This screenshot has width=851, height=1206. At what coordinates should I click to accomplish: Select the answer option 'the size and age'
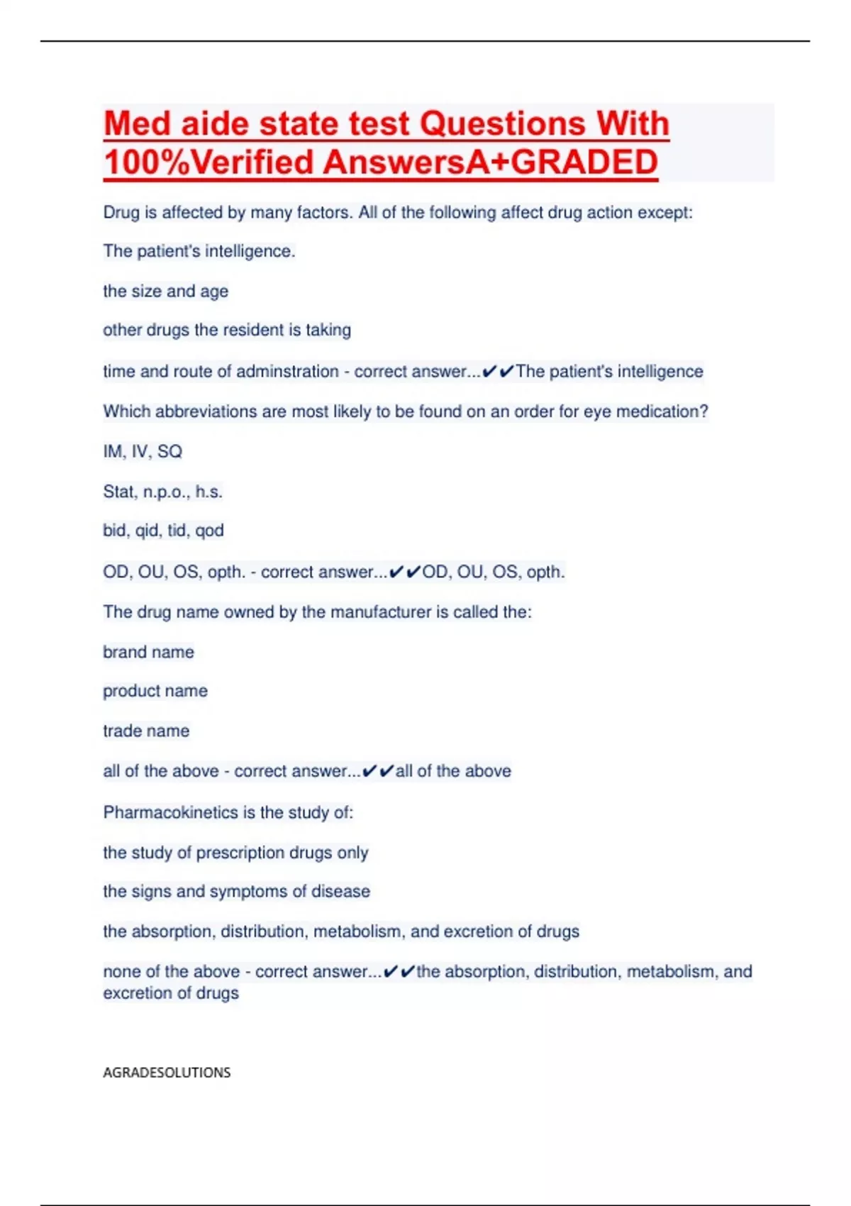165,292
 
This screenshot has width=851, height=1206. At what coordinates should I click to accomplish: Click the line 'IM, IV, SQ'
143,452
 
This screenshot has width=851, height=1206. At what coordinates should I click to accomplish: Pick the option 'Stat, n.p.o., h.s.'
162,492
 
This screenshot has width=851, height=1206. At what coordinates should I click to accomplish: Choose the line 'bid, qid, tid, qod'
163,531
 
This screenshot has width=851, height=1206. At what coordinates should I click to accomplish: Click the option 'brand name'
148,652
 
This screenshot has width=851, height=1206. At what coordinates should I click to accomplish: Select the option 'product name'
155,691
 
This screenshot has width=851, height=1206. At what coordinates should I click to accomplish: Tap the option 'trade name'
146,731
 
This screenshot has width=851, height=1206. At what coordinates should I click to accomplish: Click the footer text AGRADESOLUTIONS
167,1073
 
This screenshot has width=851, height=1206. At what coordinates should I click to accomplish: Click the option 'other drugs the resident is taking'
227,331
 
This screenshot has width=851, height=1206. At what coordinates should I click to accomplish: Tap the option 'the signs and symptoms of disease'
236,892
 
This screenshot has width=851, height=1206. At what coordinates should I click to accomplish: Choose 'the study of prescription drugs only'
235,853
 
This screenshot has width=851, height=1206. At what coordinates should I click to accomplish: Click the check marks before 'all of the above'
378,771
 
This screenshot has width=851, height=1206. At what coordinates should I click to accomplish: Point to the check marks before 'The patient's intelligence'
498,372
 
